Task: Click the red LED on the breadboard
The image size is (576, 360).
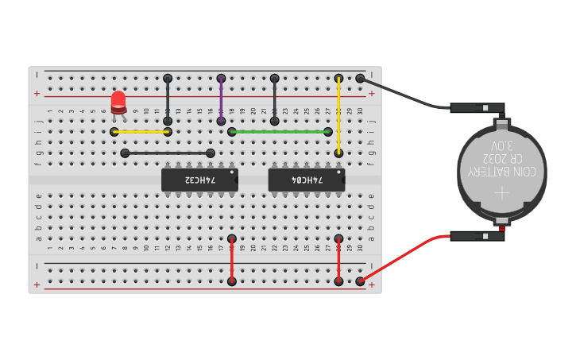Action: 118,101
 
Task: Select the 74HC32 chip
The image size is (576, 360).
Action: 199,180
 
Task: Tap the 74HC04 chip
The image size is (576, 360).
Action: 306,180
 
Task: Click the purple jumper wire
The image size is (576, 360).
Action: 221,99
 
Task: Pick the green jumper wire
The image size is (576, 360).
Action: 280,132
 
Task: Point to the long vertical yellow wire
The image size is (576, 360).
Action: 338,115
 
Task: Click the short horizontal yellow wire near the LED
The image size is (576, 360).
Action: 141,132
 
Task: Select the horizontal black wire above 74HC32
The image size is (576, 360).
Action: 168,153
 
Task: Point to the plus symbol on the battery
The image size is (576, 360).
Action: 501,193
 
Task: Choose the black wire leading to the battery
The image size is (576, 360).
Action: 405,94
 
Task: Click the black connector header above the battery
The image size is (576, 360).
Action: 477,107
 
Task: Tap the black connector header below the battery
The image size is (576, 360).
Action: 477,236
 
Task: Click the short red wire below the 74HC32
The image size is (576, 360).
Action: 231,259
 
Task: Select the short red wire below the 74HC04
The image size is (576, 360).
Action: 338,259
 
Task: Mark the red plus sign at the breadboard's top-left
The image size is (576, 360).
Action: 37,94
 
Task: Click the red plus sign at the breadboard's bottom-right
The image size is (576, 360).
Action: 371,284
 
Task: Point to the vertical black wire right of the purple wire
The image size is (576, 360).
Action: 274,99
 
